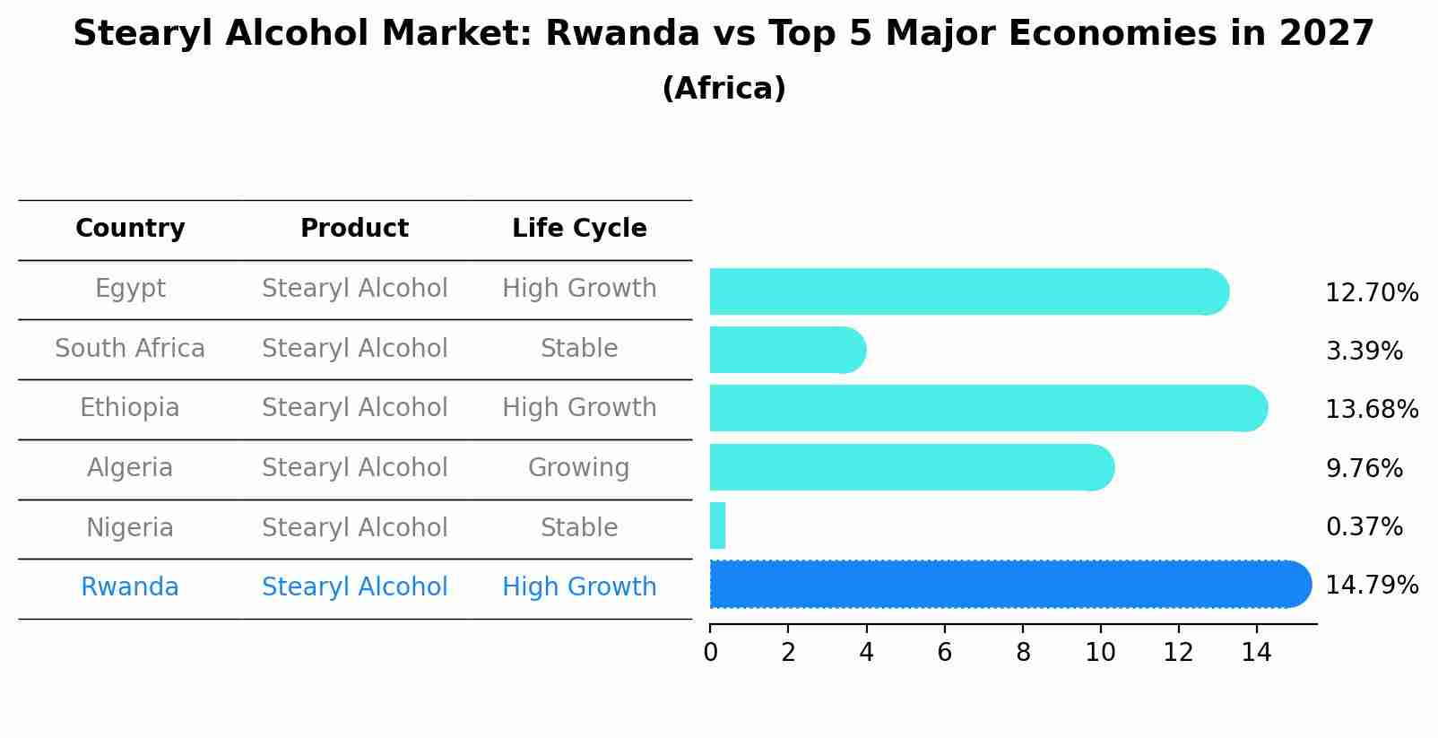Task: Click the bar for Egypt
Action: (x=968, y=291)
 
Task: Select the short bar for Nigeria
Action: (x=717, y=525)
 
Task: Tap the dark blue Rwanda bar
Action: (x=1009, y=585)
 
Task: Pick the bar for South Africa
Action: (x=787, y=350)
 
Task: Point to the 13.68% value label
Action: (x=1372, y=410)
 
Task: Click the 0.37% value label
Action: (x=1364, y=527)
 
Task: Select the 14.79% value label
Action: (x=1372, y=586)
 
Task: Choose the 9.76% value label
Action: (x=1364, y=469)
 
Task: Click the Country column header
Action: (x=130, y=229)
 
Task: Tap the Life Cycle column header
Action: (x=579, y=229)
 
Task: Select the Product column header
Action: (x=354, y=229)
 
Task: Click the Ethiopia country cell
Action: (x=130, y=408)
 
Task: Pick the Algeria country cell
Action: (x=130, y=468)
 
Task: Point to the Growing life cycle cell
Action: (x=579, y=468)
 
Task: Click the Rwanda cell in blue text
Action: (x=130, y=587)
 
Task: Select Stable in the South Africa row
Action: (x=579, y=349)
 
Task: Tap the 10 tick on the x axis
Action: (x=1100, y=653)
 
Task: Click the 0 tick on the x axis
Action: (x=710, y=653)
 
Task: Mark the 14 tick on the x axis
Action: (x=1256, y=653)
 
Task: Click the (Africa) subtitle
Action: (x=723, y=89)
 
